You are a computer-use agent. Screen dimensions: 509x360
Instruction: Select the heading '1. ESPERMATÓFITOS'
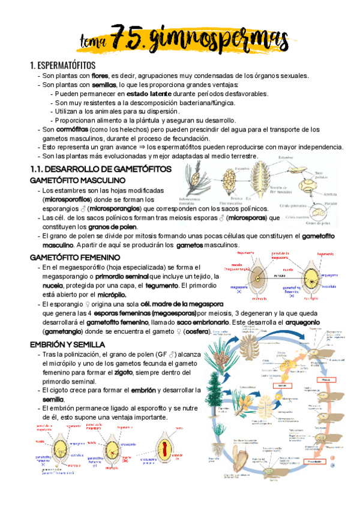62,65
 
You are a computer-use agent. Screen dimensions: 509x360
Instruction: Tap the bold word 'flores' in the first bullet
100,76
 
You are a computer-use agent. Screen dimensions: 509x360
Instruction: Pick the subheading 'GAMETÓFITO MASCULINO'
77,180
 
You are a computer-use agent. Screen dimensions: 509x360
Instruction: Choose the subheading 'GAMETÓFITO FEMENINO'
74,257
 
